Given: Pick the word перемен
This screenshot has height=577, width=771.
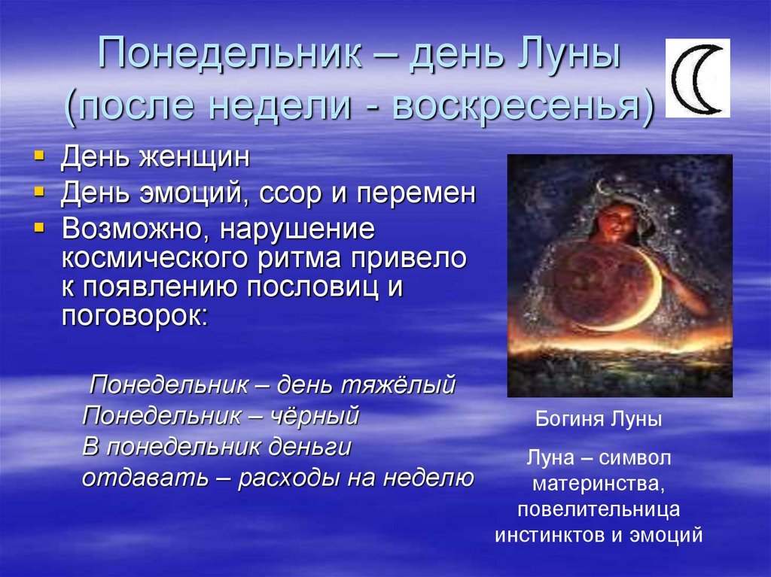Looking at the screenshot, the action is click(x=416, y=193).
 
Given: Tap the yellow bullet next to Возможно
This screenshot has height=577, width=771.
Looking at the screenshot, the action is click(x=39, y=227).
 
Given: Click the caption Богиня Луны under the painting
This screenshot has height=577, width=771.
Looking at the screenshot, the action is click(x=599, y=421).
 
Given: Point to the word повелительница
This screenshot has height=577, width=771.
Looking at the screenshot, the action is click(x=599, y=509).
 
